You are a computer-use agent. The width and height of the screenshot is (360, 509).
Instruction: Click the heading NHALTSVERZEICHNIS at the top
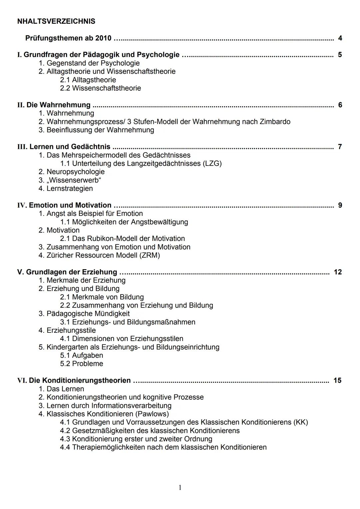pyautogui.click(x=56, y=21)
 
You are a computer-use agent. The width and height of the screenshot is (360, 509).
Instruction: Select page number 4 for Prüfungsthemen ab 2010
pyautogui.click(x=340, y=38)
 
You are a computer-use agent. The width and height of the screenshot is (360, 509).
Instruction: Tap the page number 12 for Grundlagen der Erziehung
pyautogui.click(x=337, y=272)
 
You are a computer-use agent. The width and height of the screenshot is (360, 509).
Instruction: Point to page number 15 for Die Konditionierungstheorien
pyautogui.click(x=337, y=380)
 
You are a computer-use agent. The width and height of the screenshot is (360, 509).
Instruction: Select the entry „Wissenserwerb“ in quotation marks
pyautogui.click(x=74, y=180)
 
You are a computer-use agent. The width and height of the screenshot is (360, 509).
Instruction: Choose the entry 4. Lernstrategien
pyautogui.click(x=66, y=189)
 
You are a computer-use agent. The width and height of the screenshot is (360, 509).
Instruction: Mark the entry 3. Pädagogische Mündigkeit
pyautogui.click(x=84, y=314)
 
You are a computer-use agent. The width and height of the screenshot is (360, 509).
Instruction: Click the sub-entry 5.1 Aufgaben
pyautogui.click(x=81, y=355)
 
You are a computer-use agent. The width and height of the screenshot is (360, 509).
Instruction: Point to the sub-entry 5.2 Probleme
pyautogui.click(x=81, y=364)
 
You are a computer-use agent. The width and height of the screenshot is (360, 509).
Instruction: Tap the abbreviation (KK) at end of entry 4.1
pyautogui.click(x=301, y=422)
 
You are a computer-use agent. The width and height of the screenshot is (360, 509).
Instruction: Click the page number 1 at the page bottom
pyautogui.click(x=180, y=488)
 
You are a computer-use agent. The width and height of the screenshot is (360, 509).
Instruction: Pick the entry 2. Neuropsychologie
pyautogui.click(x=71, y=172)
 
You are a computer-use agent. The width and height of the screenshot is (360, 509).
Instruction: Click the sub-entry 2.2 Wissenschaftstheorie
pyautogui.click(x=100, y=88)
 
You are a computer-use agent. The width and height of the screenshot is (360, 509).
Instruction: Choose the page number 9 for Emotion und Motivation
pyautogui.click(x=340, y=205)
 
